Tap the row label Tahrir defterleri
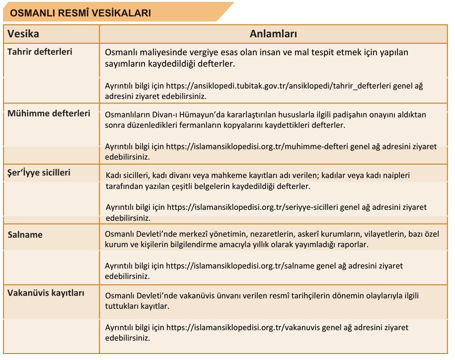point(40,52)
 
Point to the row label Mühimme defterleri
point(49,113)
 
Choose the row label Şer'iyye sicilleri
point(39,173)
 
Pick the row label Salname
point(25,234)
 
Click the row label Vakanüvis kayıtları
point(46,293)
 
